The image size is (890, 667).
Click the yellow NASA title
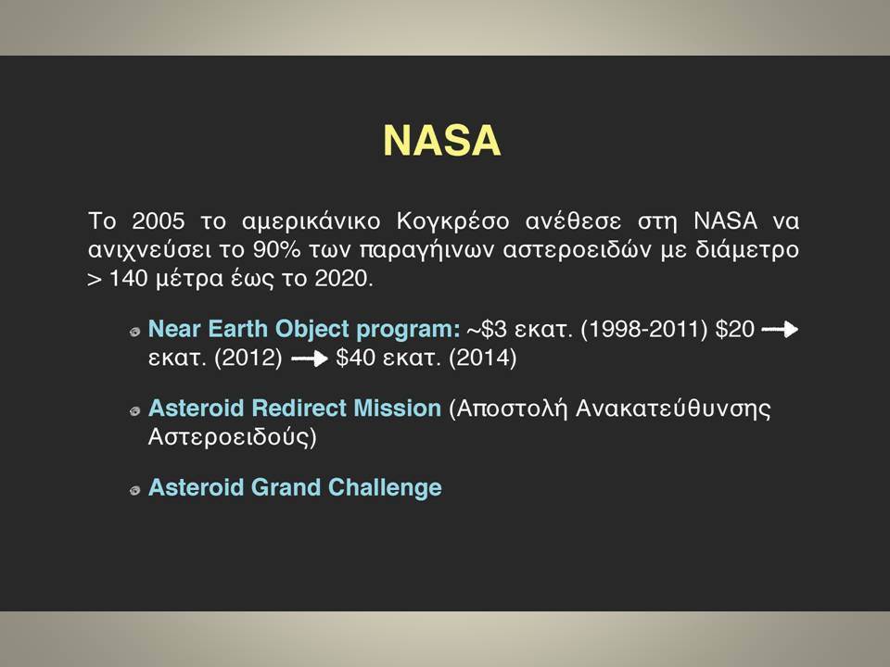point(442,140)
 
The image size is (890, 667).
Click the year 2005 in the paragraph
point(158,220)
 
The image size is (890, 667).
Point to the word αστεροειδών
point(577,249)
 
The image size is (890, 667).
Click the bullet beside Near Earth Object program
point(134,332)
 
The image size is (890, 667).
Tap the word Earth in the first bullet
point(238,329)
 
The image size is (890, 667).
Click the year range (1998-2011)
point(643,329)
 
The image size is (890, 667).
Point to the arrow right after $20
point(780,330)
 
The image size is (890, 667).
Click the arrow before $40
point(310,359)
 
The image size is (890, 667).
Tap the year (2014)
point(482,359)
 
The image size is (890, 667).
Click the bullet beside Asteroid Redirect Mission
point(134,411)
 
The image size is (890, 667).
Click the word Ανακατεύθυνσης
point(673,409)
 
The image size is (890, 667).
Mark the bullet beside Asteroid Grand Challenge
point(134,491)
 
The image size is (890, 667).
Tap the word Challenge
point(385,488)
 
